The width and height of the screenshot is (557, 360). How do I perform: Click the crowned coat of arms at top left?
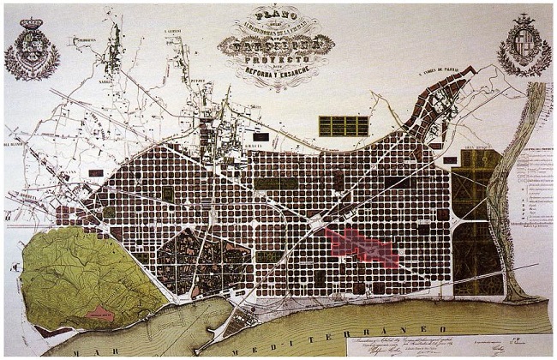point(32,49)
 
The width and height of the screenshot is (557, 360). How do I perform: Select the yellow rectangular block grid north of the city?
point(343,126)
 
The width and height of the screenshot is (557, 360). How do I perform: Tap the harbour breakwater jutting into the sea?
point(219,326)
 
